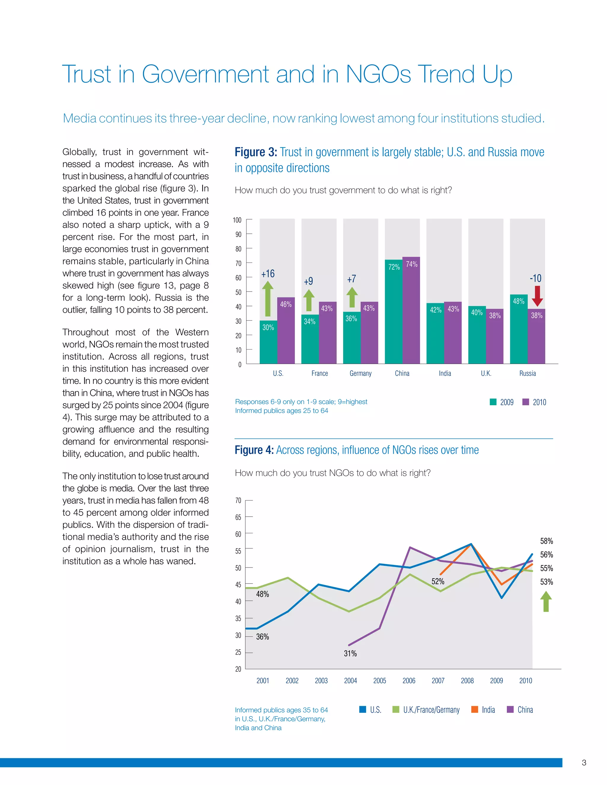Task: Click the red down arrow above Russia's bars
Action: [537, 296]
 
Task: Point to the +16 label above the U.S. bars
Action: [268, 274]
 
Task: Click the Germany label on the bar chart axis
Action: [360, 374]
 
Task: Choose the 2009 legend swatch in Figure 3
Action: [493, 402]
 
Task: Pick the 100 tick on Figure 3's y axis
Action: [237, 220]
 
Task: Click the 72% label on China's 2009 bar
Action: [394, 267]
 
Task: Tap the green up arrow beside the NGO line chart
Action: [546, 602]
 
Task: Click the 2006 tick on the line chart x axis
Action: [409, 680]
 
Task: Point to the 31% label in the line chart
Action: [350, 653]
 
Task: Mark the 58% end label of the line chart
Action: [546, 541]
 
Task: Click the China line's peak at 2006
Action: [410, 547]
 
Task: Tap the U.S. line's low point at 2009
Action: [502, 598]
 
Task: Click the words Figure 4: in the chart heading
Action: [254, 450]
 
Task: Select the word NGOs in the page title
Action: [378, 74]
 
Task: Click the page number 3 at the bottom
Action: [584, 762]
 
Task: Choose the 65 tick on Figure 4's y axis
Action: [238, 517]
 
